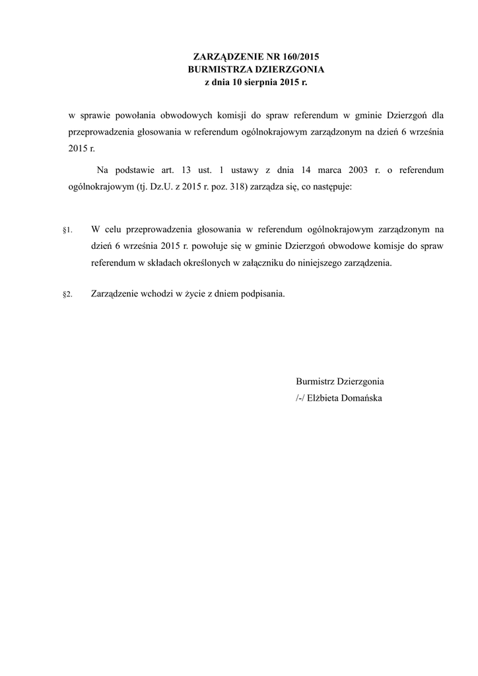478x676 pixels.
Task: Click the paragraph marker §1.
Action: tap(67, 230)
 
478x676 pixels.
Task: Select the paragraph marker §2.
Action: tap(67, 294)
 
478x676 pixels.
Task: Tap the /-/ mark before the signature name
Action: tap(300, 398)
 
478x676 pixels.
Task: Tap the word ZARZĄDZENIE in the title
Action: tap(224, 57)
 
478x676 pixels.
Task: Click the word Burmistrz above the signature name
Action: tap(316, 382)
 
